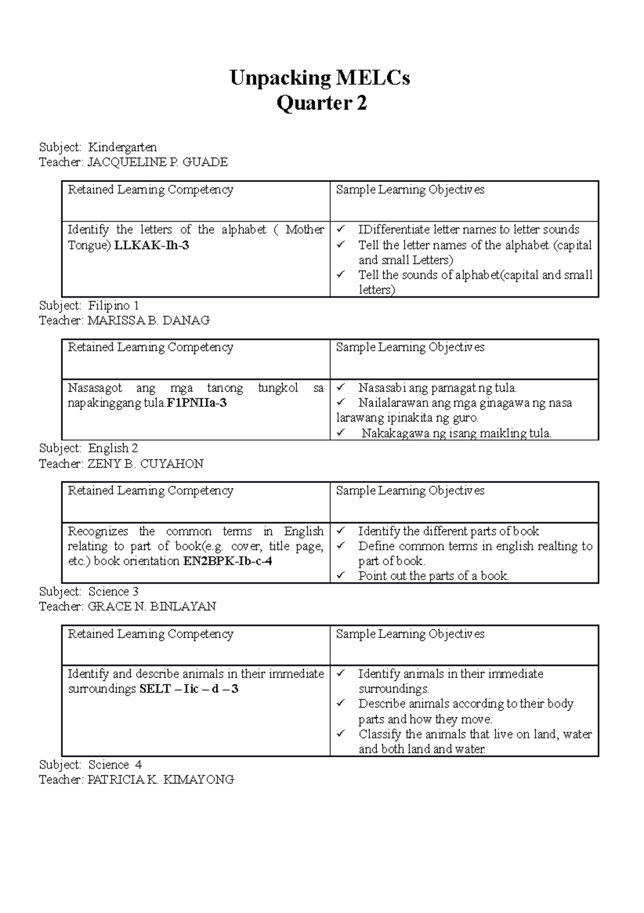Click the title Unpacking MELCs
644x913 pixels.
pyautogui.click(x=320, y=78)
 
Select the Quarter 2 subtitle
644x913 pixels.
pyautogui.click(x=321, y=103)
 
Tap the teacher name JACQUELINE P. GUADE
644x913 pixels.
pyautogui.click(x=158, y=162)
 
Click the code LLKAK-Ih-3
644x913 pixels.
pyautogui.click(x=152, y=245)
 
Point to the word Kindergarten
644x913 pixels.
pyautogui.click(x=122, y=147)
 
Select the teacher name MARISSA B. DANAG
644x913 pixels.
pyautogui.click(x=149, y=320)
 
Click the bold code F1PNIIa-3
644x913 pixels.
pyautogui.click(x=197, y=403)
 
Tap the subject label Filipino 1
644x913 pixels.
pyautogui.click(x=114, y=306)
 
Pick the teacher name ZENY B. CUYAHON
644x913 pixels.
pyautogui.click(x=145, y=464)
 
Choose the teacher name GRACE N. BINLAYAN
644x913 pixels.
pyautogui.click(x=152, y=607)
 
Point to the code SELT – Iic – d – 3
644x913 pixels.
pyautogui.click(x=189, y=689)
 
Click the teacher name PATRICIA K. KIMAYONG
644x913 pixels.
pyautogui.click(x=161, y=780)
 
